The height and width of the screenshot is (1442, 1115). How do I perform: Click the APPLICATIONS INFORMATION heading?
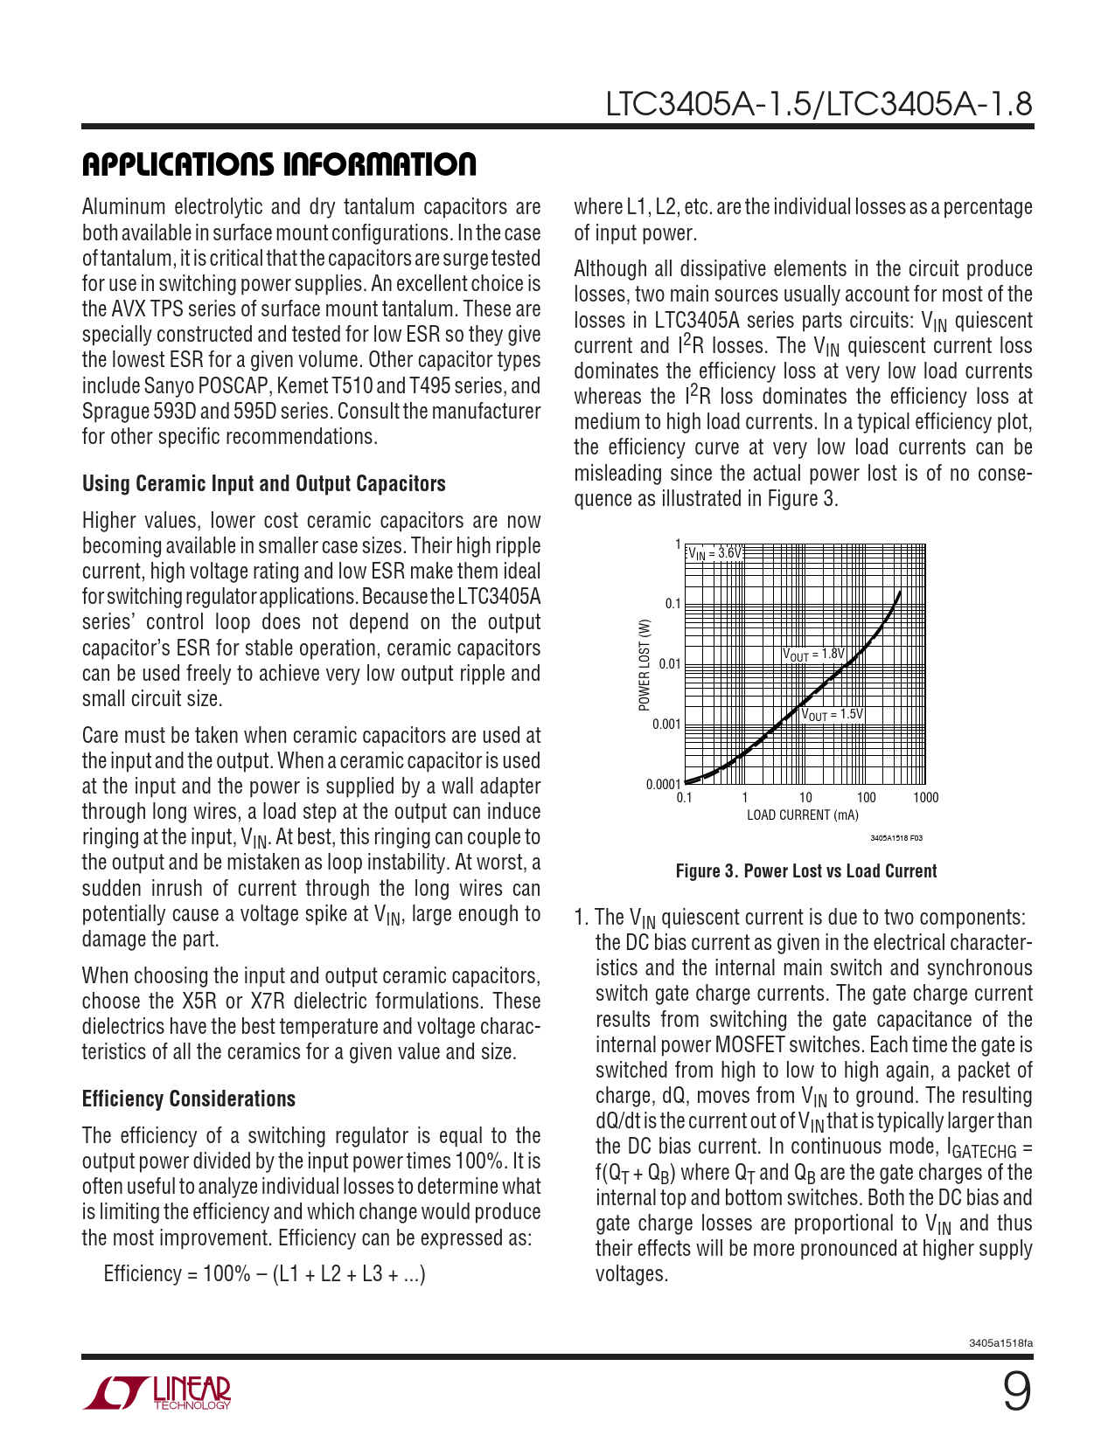click(x=279, y=164)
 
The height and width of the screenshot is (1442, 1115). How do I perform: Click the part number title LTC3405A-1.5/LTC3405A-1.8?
click(x=819, y=105)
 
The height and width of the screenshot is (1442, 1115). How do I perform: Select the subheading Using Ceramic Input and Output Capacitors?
click(x=263, y=484)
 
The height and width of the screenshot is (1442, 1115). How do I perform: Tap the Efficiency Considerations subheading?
click(x=189, y=1099)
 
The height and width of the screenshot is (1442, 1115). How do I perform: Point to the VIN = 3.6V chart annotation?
click(x=714, y=553)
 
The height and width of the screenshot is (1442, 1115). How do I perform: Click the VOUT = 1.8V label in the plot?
click(x=813, y=654)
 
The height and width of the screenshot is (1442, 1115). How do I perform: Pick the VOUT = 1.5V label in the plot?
click(x=832, y=715)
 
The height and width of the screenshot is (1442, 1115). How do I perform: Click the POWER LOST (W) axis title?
click(x=645, y=665)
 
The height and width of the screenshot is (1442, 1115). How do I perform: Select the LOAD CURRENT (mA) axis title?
click(x=802, y=815)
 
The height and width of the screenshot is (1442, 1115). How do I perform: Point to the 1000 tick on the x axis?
click(x=925, y=798)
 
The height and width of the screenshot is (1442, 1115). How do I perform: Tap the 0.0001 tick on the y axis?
click(x=663, y=784)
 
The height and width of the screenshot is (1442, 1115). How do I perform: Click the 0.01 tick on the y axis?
click(x=669, y=664)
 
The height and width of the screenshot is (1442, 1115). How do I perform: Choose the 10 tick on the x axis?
click(x=805, y=798)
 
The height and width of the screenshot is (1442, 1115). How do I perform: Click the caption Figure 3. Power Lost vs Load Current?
click(x=805, y=871)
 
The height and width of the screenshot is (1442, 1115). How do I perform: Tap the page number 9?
click(x=1015, y=1392)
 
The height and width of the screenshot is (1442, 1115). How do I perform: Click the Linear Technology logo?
click(x=157, y=1393)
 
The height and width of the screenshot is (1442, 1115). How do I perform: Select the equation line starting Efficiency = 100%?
click(x=264, y=1274)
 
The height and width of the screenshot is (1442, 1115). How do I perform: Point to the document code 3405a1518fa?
click(x=1000, y=1343)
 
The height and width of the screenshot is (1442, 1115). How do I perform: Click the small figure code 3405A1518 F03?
click(x=895, y=838)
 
